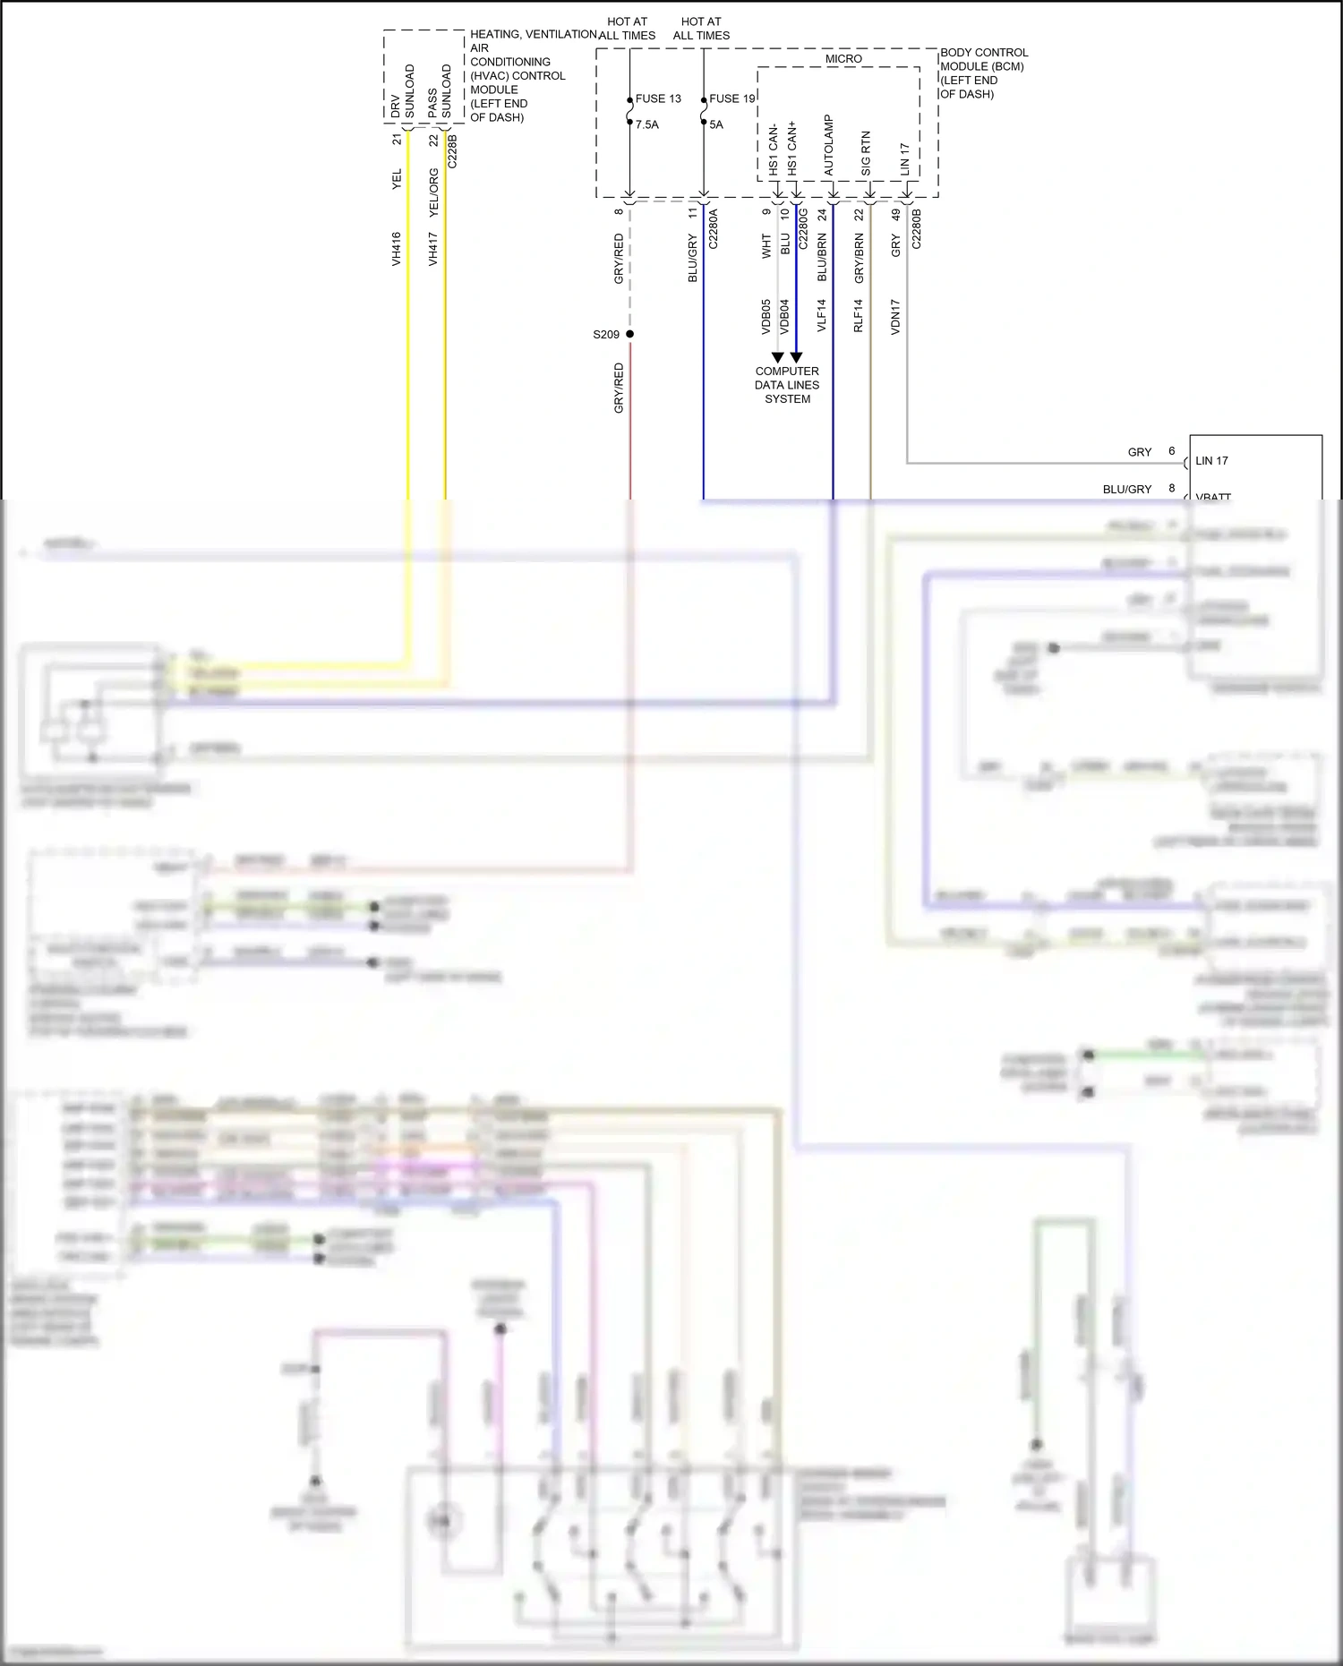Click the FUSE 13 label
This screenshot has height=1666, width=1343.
(658, 98)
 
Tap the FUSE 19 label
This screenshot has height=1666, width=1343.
(731, 98)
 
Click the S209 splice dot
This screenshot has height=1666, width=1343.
(629, 334)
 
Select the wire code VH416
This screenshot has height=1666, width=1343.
(396, 249)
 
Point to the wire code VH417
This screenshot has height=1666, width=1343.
(432, 249)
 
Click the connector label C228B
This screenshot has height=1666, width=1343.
(452, 151)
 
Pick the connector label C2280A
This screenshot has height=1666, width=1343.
(714, 228)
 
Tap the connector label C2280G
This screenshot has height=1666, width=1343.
(803, 228)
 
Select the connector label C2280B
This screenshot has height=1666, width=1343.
(916, 228)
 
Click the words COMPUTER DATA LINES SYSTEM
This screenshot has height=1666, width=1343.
(787, 385)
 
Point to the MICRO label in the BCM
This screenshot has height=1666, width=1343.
(843, 59)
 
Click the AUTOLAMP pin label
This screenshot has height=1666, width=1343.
(828, 145)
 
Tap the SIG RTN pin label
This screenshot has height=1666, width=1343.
(866, 154)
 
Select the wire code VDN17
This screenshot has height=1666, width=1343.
(895, 317)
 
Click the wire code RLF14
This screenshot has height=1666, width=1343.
(858, 316)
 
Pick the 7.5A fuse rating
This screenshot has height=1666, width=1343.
(646, 124)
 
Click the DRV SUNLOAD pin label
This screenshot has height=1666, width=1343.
(402, 91)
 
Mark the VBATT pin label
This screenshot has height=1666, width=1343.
(1213, 496)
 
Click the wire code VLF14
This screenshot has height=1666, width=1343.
(822, 316)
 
